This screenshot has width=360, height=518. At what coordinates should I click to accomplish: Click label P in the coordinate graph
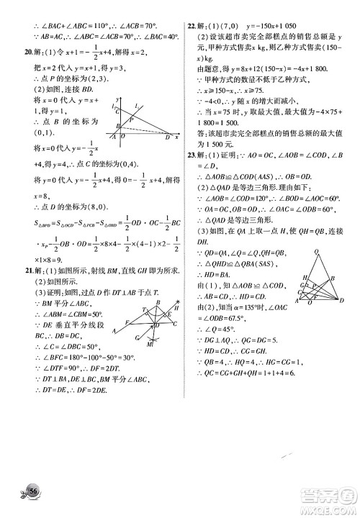coord(130,120)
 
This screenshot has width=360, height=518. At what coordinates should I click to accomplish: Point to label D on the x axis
coord(167,137)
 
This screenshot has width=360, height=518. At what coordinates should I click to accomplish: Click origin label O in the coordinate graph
coord(122,137)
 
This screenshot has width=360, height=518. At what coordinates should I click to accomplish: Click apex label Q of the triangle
coord(317,251)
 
